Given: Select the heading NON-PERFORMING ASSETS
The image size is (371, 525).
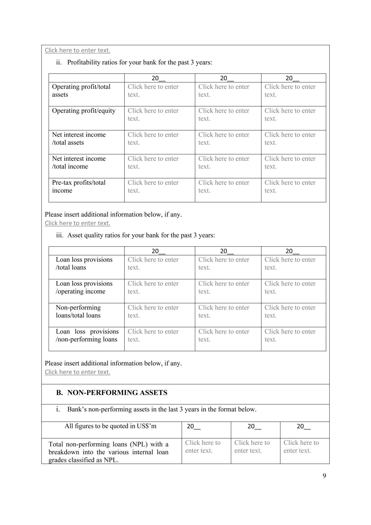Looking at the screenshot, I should click(117, 393).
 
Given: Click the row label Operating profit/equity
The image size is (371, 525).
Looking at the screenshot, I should click(84, 111).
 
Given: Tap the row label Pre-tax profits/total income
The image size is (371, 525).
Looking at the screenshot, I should click(79, 187).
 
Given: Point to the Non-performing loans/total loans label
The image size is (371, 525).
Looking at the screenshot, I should click(78, 312).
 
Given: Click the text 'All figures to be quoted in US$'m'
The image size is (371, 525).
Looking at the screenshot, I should click(110, 426).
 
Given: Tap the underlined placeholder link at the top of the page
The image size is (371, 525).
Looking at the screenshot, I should click(78, 50).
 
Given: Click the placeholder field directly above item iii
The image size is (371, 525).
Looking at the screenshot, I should click(78, 223).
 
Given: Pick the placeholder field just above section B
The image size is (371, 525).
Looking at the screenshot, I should click(78, 372).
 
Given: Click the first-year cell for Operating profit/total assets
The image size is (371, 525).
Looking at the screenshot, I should click(153, 91).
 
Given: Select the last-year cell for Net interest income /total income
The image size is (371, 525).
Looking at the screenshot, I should click(290, 163).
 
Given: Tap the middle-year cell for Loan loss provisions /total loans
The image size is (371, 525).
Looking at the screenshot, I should click(224, 264).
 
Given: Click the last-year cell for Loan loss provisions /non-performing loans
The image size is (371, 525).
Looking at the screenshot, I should click(290, 336).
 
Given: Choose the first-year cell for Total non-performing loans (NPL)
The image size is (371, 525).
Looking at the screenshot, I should click(203, 447).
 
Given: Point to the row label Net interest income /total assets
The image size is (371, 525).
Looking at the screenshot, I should click(79, 138).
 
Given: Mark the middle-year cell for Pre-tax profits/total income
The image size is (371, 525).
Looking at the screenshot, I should click(224, 187).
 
